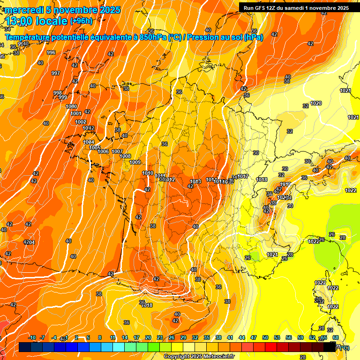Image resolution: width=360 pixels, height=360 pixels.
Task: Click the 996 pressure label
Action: tap(51, 52)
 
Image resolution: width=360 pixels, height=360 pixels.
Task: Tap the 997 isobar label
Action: tap(55, 73)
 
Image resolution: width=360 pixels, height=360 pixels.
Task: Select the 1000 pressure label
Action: tap(71, 107)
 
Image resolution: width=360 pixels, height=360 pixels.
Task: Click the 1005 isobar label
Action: tap(95, 148)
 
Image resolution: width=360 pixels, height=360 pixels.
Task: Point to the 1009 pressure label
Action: tap(135, 162)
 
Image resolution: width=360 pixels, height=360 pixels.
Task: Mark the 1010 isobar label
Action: tap(148, 173)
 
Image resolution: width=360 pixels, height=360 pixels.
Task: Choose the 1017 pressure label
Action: tap(243, 176)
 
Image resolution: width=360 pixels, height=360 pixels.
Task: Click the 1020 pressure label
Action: tap(316, 103)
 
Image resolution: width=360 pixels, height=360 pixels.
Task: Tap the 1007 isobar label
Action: tap(117, 151)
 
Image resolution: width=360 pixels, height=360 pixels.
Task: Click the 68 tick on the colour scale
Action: tap(336, 337)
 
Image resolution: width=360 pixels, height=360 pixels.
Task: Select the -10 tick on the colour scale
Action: tap(32, 337)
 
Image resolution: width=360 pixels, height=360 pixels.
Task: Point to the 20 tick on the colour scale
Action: tap(148, 337)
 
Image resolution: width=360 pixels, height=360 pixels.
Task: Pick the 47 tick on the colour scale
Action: tap(254, 337)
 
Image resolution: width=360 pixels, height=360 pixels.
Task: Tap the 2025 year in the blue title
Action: tap(108, 10)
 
